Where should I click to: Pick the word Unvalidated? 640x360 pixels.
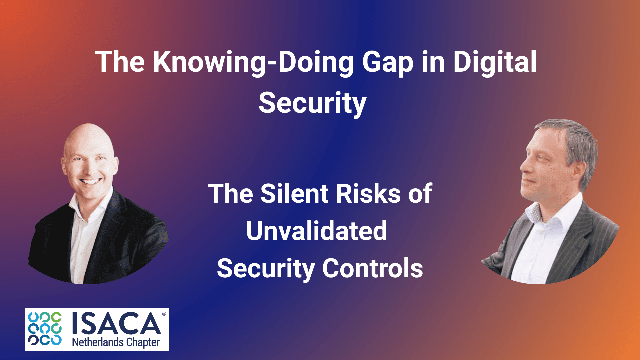(x=317, y=231)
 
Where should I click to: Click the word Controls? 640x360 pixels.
(x=373, y=268)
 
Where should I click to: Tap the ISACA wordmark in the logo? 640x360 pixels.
(x=117, y=323)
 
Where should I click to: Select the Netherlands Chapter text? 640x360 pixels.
(x=116, y=342)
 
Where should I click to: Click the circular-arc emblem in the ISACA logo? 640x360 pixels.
(x=45, y=329)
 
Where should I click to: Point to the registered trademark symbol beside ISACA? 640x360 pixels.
(x=164, y=314)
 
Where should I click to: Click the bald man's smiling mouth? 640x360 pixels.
(x=90, y=182)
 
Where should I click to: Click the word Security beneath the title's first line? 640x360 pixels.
(x=312, y=104)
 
